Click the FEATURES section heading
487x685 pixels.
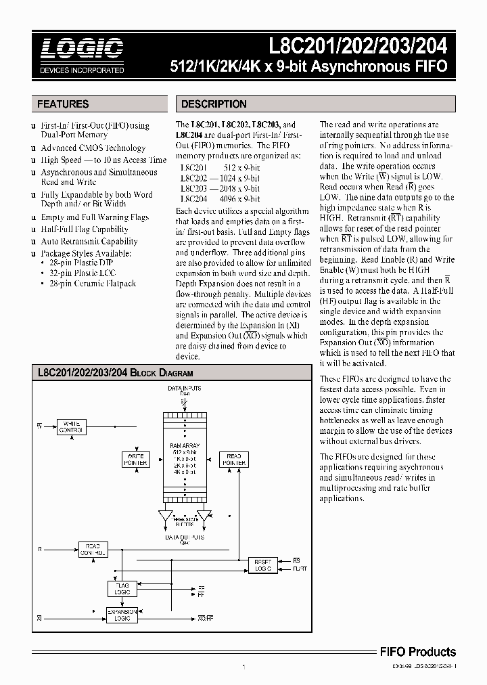point(63,104)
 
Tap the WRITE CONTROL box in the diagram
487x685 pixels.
point(71,426)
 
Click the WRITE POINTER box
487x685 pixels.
point(135,460)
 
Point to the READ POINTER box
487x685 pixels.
point(234,460)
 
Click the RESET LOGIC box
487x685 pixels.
point(262,565)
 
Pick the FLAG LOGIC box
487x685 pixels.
point(122,588)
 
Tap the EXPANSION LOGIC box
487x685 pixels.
point(122,615)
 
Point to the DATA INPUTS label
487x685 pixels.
point(184,389)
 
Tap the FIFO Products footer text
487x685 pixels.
point(416,652)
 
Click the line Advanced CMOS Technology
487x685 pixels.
point(93,148)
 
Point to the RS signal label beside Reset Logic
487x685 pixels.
point(296,560)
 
